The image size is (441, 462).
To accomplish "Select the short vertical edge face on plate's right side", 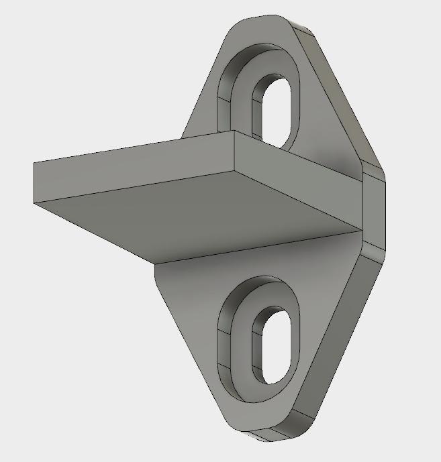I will click(375, 208).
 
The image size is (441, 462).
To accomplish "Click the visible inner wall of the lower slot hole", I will click(258, 349).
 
